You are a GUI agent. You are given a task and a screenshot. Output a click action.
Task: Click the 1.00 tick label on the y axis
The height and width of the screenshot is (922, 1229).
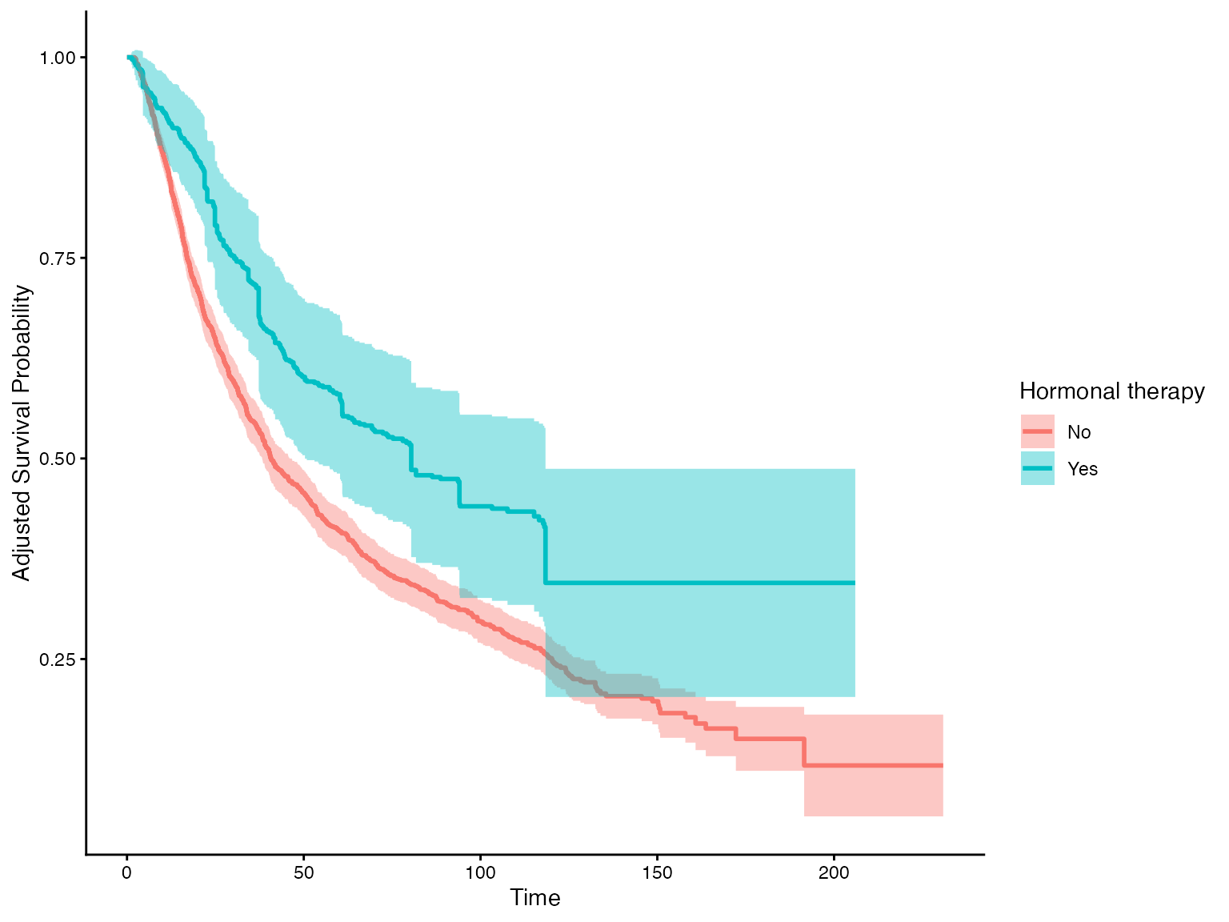(58, 58)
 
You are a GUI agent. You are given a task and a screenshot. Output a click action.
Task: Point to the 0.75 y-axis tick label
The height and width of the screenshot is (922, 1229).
(58, 258)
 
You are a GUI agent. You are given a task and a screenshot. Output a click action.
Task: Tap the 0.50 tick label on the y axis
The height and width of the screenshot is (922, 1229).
(58, 459)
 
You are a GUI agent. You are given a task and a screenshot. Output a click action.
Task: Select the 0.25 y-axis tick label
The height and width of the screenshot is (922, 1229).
(58, 659)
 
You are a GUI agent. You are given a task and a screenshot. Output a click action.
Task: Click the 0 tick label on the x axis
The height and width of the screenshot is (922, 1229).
(127, 872)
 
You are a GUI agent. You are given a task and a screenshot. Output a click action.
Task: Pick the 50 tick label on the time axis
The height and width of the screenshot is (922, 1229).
(303, 872)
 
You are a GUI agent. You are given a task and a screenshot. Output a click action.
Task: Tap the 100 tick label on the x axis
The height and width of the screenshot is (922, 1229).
(480, 872)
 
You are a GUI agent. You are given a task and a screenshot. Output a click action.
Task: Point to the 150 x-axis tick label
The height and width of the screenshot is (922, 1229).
(657, 872)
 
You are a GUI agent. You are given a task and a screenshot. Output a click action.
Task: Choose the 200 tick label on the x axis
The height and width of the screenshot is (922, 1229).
(834, 872)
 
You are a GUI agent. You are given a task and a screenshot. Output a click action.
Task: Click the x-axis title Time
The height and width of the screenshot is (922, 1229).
(535, 898)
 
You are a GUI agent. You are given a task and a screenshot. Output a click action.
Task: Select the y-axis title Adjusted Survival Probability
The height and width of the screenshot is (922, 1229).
(22, 433)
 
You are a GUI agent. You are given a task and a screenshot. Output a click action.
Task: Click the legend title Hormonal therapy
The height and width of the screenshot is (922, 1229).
(1111, 391)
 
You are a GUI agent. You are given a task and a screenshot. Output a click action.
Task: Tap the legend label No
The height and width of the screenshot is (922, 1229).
(1079, 432)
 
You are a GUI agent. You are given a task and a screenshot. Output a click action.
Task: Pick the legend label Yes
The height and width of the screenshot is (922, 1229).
(1083, 469)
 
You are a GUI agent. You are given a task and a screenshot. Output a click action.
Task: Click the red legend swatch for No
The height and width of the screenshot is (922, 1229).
(1038, 432)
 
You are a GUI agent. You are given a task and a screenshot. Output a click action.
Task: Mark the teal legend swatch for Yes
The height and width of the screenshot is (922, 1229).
(1038, 469)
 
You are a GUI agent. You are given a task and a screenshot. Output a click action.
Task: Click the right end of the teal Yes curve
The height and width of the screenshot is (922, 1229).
(855, 583)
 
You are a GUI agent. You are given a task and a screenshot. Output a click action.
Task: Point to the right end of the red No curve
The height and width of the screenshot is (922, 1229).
(943, 766)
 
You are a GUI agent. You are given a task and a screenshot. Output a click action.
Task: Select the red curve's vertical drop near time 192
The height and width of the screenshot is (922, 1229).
(804, 752)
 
